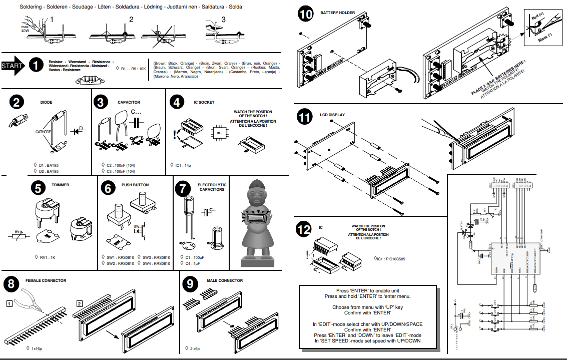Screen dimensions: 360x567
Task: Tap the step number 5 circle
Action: [x=38, y=188]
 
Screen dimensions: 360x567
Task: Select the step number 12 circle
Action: [x=304, y=229]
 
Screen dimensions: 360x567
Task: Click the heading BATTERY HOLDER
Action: [x=338, y=13]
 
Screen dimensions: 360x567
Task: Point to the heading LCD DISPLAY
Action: [x=332, y=115]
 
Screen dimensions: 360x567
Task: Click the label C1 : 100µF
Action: [x=195, y=257]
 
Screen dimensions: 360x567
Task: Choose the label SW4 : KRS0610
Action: [x=156, y=263]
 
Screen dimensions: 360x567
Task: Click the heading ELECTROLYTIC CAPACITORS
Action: [x=212, y=187]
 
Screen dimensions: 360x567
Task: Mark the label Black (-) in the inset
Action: [x=544, y=36]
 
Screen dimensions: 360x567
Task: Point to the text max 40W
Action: [x=25, y=29]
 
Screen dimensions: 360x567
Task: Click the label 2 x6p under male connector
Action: [x=195, y=347]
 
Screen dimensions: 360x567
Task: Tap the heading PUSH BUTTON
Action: [x=135, y=185]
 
